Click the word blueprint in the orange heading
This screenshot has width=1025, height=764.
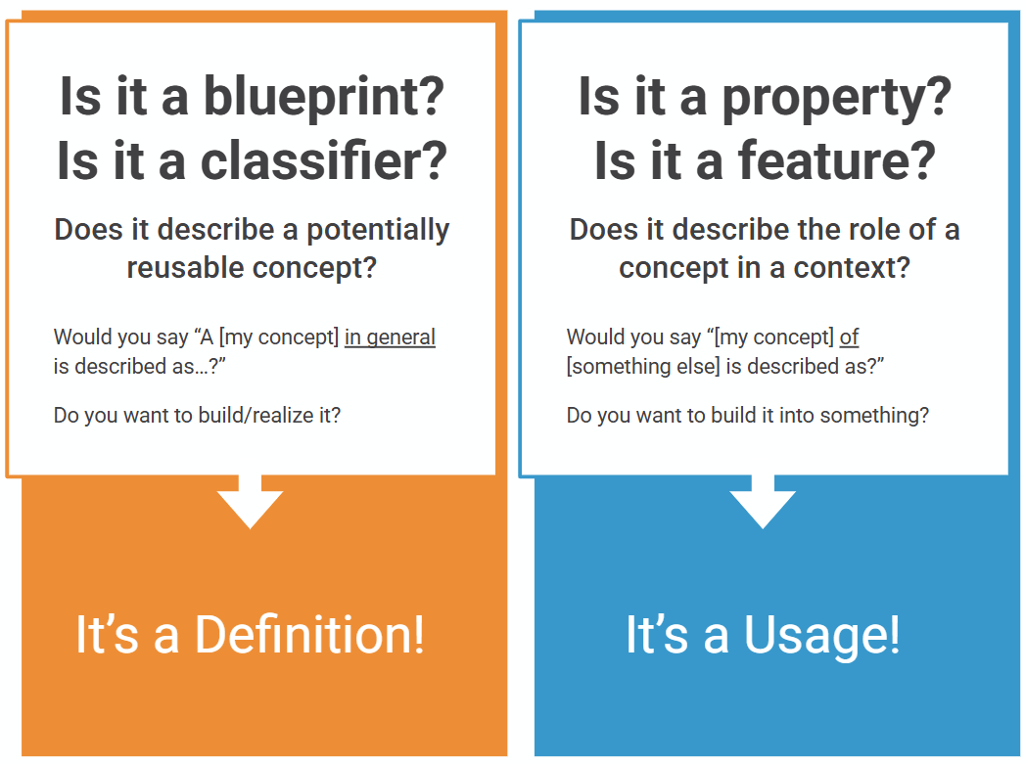(x=324, y=98)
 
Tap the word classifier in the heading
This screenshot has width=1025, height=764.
(x=324, y=160)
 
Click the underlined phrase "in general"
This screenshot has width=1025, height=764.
(x=390, y=337)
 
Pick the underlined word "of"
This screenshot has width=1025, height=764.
(x=849, y=337)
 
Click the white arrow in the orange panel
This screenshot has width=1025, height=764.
(x=250, y=502)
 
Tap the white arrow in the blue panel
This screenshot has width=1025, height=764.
(x=763, y=502)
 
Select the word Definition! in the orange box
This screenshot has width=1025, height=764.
(x=310, y=634)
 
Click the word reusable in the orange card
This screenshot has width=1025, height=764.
(x=183, y=267)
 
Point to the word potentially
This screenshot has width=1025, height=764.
(x=378, y=231)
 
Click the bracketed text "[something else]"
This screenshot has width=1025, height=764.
(x=643, y=366)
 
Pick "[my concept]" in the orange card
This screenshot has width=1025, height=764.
(x=279, y=337)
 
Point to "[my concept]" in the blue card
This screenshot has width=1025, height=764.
(x=774, y=337)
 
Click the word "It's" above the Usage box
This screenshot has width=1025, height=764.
(x=657, y=634)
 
